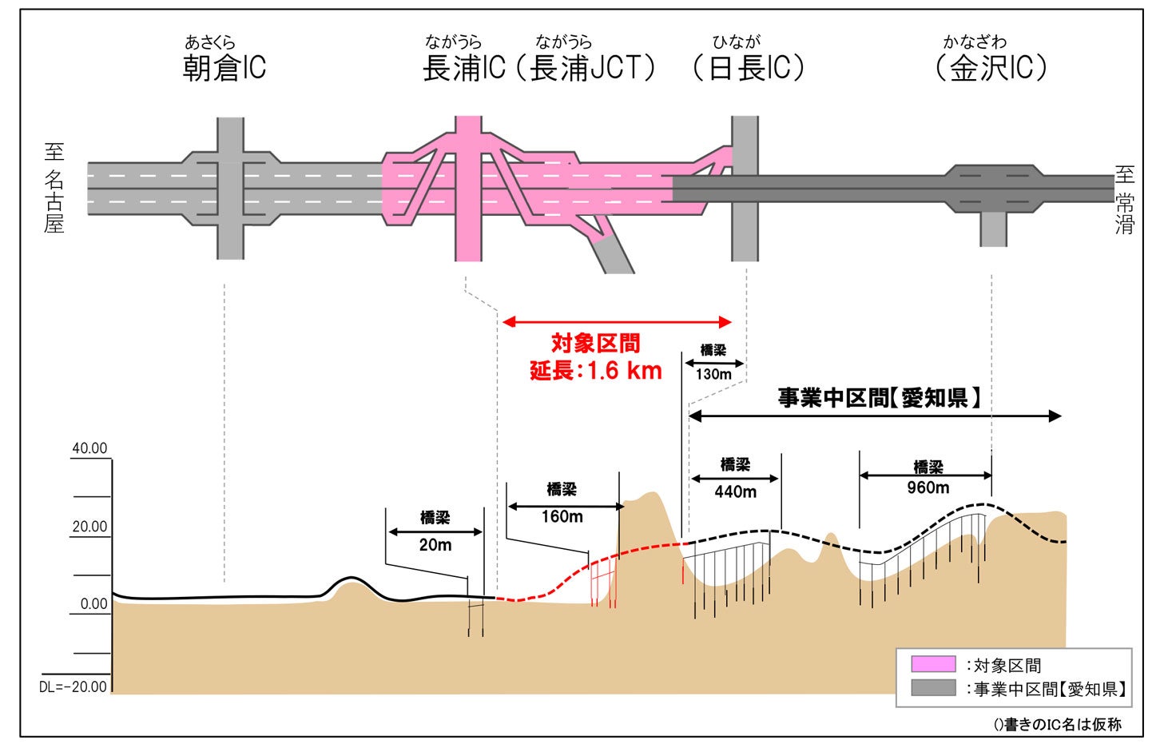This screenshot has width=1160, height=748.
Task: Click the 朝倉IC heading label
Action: [224, 67]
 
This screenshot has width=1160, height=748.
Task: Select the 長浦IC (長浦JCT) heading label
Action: [539, 67]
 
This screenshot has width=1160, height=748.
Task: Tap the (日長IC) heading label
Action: [748, 67]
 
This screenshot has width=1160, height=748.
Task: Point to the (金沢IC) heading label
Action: [991, 67]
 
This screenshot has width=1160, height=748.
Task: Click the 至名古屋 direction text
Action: [54, 188]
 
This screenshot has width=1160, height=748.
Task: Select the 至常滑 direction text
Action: [1124, 200]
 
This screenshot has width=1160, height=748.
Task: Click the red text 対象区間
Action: [596, 344]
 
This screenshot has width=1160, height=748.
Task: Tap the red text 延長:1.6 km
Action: [596, 371]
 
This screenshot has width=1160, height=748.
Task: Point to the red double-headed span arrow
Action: [617, 322]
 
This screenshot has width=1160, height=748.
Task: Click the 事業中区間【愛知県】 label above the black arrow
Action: [879, 397]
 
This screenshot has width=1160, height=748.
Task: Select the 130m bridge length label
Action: [713, 374]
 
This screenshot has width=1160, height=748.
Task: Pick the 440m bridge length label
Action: [735, 492]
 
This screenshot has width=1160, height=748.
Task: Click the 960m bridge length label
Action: [928, 487]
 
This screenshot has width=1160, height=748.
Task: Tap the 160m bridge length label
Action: [562, 517]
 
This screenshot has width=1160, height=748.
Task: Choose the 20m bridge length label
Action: [435, 545]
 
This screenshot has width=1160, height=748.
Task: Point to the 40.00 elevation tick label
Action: [89, 448]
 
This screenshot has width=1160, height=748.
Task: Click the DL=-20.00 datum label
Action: [73, 686]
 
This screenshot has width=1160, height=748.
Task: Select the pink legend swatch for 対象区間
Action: [933, 664]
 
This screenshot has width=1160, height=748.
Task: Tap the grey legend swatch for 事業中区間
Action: [933, 688]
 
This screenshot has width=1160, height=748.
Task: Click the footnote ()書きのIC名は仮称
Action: [1057, 724]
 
